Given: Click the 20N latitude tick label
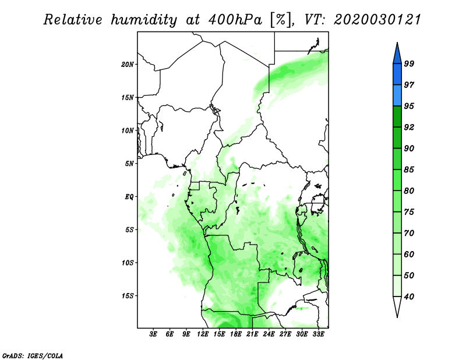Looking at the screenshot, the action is [x=128, y=65].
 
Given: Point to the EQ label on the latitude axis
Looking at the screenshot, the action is [x=129, y=197].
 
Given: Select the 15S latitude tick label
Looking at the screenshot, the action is [x=128, y=296].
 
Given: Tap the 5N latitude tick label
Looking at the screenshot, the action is [x=129, y=164].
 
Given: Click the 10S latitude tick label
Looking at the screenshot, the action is [x=128, y=263].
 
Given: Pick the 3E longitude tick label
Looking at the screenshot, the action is [x=153, y=334].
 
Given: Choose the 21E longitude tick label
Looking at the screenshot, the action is [x=252, y=334].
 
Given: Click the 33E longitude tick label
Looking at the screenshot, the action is [x=318, y=334].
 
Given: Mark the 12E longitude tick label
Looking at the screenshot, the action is [x=203, y=334].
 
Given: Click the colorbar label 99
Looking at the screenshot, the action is [x=409, y=63].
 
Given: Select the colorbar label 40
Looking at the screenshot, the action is [x=409, y=297].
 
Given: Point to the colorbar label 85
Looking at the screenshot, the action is [x=409, y=170].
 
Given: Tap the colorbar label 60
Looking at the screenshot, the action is [x=409, y=254].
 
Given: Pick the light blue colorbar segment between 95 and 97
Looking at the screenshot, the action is [x=397, y=96].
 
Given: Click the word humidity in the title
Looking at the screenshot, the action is [x=144, y=20].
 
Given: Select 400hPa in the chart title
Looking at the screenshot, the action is [x=235, y=20].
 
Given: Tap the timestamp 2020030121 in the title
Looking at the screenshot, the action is [x=377, y=20].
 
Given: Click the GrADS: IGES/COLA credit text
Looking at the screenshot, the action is [x=33, y=355].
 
